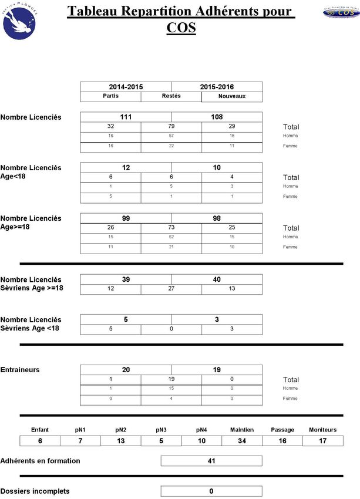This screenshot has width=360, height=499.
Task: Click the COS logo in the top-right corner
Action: pos(340,12)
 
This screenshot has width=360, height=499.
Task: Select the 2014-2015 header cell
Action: pos(126,86)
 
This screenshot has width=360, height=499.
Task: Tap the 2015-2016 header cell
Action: pos(217,86)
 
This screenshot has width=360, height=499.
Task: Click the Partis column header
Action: pos(110,96)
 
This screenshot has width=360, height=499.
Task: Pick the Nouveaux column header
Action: pos(231,96)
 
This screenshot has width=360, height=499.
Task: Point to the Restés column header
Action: pos(171,96)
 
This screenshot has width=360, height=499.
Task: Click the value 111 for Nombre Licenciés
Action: pos(126,117)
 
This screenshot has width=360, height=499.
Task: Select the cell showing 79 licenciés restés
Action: pos(171,126)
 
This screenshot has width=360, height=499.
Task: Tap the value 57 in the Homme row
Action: pos(171,136)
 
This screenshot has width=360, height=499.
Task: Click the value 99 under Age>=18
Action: pos(126,218)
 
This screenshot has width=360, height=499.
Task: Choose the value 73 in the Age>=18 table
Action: pos(171,227)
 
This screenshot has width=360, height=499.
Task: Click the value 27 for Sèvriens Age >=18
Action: pos(171,289)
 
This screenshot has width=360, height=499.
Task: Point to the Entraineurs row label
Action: pos(20,370)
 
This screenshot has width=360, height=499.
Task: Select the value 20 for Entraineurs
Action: pos(126,370)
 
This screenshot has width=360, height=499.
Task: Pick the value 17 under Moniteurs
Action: pos(322,441)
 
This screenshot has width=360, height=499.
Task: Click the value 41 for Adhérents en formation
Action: pos(211,461)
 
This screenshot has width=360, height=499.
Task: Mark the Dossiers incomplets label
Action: pos(35,491)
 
